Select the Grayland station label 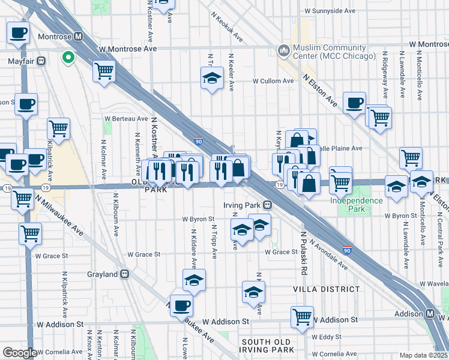[106, 274]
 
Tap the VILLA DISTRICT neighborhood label [326, 289]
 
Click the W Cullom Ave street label [272, 80]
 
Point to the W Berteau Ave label [126, 119]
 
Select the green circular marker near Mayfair [68, 58]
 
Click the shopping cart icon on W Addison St [302, 316]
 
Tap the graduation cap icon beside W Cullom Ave [211, 77]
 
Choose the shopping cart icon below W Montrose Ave [104, 71]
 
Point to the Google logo [20, 353]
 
